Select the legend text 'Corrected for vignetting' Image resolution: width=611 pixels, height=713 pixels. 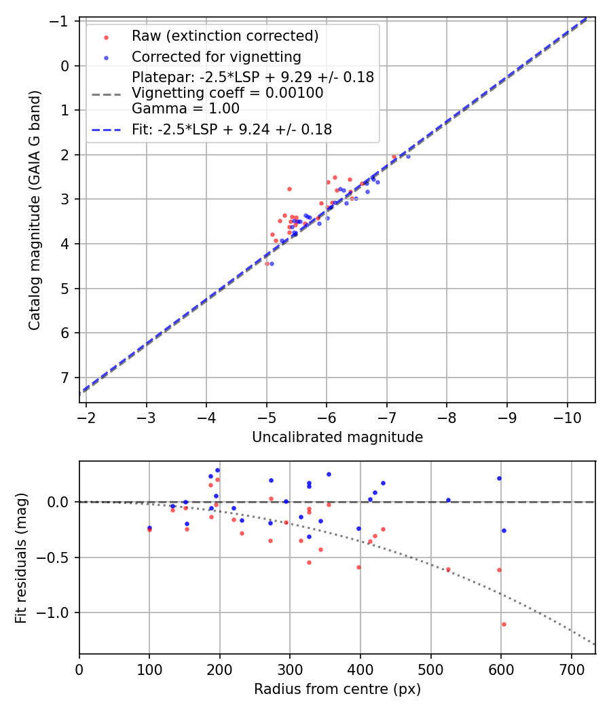click(216, 56)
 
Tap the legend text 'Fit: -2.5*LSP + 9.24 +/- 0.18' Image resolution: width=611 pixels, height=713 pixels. click(232, 129)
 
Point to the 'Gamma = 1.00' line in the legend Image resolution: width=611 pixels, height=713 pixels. click(185, 108)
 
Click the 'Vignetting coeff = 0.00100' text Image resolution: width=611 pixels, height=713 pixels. click(227, 93)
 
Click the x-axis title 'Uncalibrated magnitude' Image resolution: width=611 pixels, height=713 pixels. click(337, 437)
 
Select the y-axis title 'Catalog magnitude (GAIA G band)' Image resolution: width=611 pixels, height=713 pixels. click(35, 211)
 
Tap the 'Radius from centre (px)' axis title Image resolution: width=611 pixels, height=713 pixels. click(337, 689)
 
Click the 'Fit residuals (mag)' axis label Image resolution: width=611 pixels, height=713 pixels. click(21, 558)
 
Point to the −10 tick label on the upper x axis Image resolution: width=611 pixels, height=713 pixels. click(566, 416)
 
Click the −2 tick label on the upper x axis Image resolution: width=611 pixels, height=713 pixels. click(86, 416)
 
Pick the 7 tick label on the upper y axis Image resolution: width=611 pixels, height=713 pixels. click(66, 378)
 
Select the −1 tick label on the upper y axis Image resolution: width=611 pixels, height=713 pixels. click(61, 22)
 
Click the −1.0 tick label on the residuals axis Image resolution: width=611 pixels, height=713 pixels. click(57, 613)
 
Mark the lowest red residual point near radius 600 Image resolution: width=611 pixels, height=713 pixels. click(504, 624)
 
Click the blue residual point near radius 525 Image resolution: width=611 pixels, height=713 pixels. click(448, 500)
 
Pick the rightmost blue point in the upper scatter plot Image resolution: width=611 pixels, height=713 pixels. click(408, 156)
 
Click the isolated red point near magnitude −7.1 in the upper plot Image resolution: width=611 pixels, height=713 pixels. click(394, 157)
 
